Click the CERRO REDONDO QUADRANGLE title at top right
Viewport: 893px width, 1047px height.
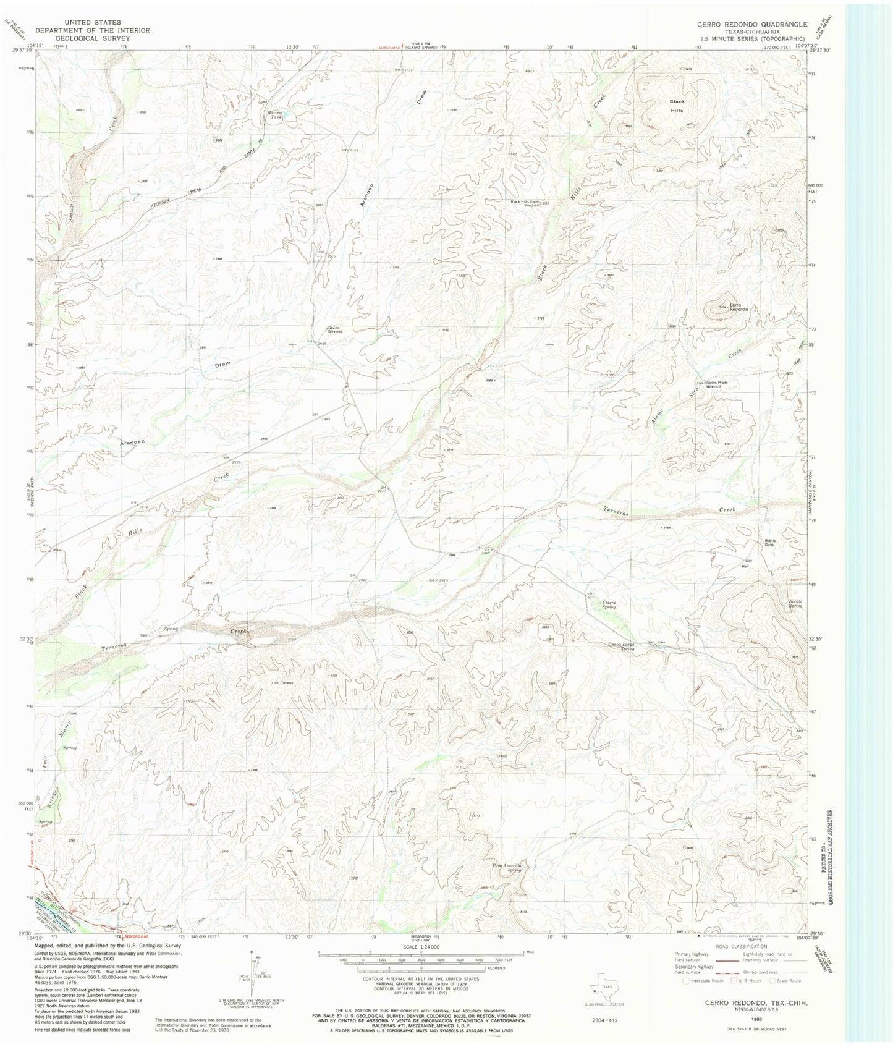point(751,24)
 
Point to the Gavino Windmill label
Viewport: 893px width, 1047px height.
point(334,330)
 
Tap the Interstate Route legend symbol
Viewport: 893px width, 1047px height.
point(687,980)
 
